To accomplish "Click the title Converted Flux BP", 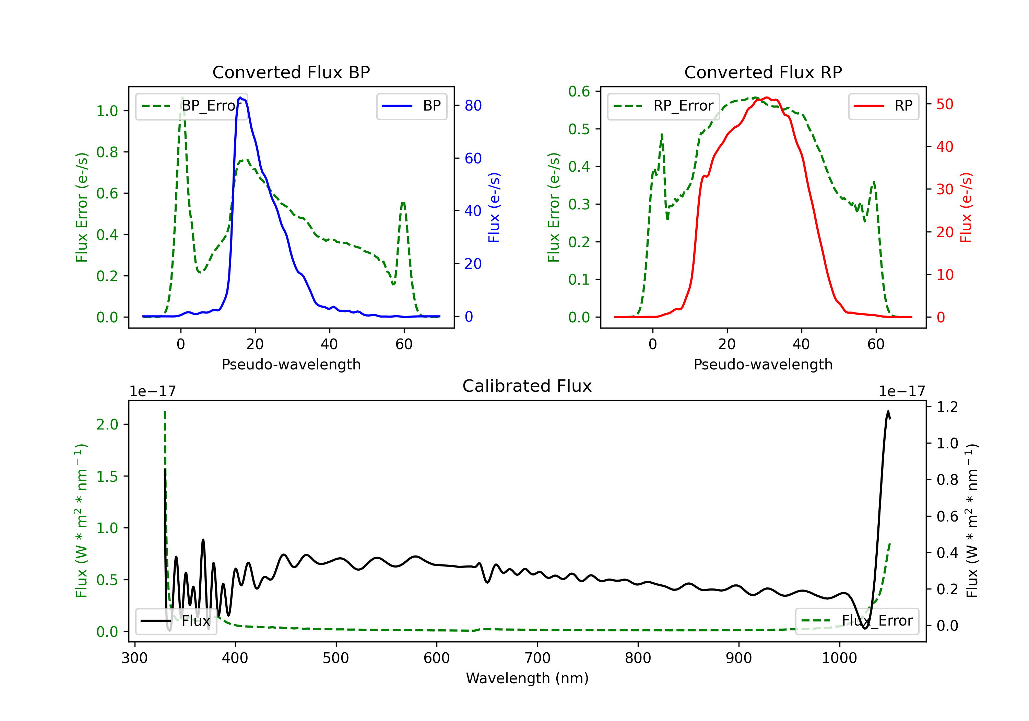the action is pyautogui.click(x=291, y=72).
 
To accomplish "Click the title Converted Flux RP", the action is pyautogui.click(x=763, y=72).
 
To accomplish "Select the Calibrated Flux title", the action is pyautogui.click(x=527, y=386).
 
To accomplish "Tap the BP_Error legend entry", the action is pyautogui.click(x=191, y=106).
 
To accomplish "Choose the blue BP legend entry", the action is pyautogui.click(x=411, y=106).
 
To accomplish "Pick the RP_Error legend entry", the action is pyautogui.click(x=663, y=106).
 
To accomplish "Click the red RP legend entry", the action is pyautogui.click(x=883, y=106).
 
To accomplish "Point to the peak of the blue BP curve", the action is pyautogui.click(x=240, y=98).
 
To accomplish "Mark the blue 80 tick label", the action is pyautogui.click(x=473, y=105).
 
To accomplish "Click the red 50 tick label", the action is pyautogui.click(x=945, y=104).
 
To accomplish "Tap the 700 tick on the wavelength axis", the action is pyautogui.click(x=537, y=658).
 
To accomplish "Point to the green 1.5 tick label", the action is pyautogui.click(x=107, y=477).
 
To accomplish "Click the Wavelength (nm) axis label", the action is pyautogui.click(x=527, y=678).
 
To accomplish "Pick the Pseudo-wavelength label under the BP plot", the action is pyautogui.click(x=291, y=364).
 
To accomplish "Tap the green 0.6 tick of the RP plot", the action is pyautogui.click(x=579, y=92).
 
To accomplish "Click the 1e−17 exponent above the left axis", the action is pyautogui.click(x=152, y=391).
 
